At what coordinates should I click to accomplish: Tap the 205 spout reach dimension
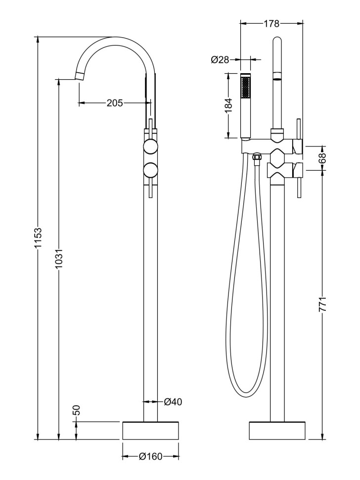point(114,102)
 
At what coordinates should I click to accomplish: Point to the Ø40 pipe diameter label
point(173,402)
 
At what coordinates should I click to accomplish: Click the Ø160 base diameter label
point(150,457)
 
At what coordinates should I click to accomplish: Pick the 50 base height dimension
point(76,410)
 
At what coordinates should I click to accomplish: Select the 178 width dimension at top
point(271,23)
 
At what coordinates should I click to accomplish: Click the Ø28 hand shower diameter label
point(220,60)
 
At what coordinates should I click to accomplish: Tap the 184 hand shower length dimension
point(228,105)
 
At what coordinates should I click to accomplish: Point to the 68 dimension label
point(323,158)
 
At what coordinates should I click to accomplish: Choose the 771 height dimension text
point(323,304)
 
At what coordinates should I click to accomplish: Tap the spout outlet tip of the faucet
point(80,75)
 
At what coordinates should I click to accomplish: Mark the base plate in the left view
point(150,430)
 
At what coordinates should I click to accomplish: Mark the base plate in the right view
point(277,430)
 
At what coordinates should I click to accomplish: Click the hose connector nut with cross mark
point(256,157)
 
